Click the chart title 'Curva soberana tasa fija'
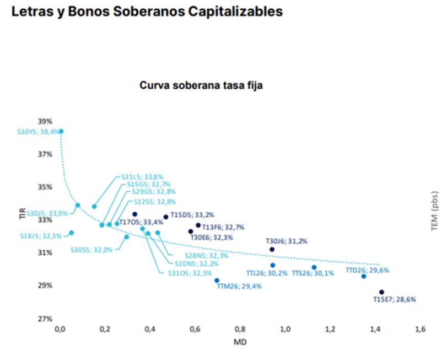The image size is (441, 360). point(201,85)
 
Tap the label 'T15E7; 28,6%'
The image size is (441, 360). point(394,299)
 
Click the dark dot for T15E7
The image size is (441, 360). point(381,292)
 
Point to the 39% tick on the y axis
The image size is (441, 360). point(45,121)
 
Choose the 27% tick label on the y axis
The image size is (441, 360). point(45,319)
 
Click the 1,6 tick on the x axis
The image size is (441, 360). point(420,329)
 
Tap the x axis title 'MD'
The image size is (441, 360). point(241,342)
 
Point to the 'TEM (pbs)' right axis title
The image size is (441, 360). point(434,216)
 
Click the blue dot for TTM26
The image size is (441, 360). point(217,281)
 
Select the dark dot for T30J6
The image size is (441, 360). point(272,249)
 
